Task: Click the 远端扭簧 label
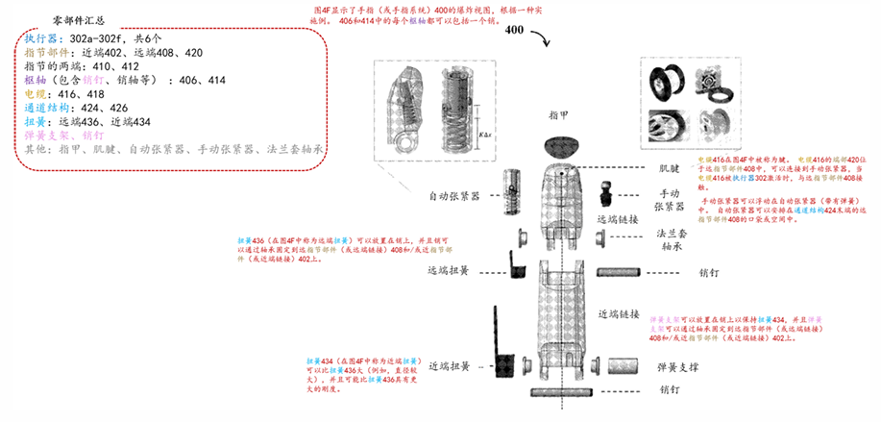click(450, 270)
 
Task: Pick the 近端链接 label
click(621, 314)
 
